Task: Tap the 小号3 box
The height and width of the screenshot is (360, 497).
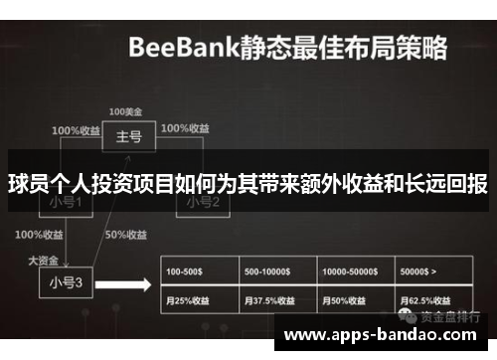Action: tap(66, 281)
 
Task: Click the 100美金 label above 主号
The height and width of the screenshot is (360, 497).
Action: tap(125, 111)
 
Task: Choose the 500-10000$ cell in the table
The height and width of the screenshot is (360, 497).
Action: tap(278, 270)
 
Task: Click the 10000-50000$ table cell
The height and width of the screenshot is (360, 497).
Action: tap(356, 270)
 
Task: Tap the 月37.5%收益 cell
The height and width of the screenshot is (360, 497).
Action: tap(278, 299)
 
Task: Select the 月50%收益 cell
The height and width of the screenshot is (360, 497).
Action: tap(356, 299)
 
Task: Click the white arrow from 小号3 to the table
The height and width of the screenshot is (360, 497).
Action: tap(129, 283)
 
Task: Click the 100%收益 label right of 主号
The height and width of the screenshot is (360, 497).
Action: tap(185, 128)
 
